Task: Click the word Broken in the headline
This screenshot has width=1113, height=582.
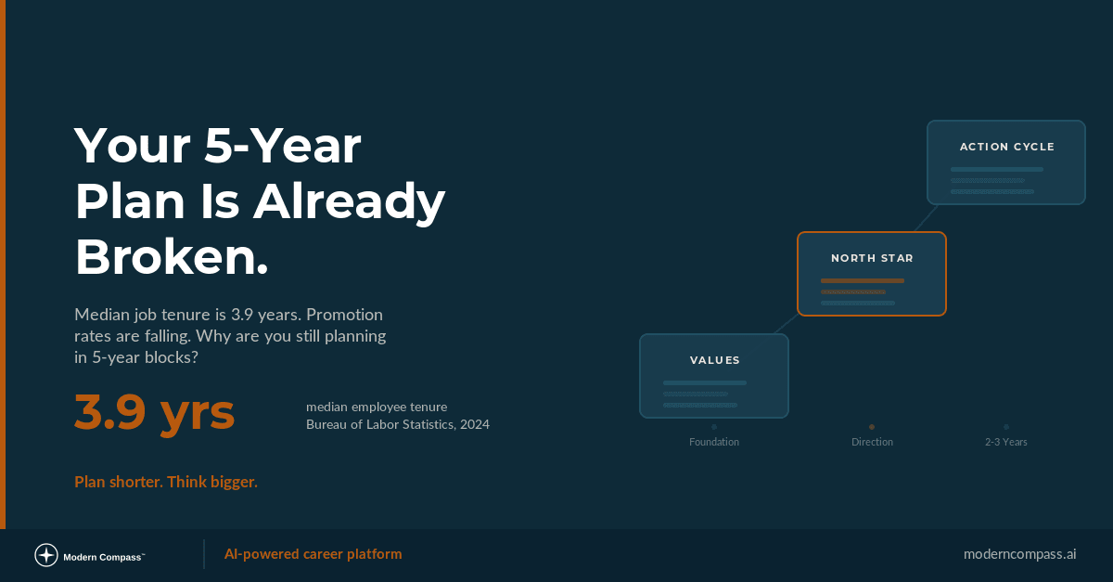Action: tap(171, 256)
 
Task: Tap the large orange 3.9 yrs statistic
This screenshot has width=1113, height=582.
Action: tap(154, 413)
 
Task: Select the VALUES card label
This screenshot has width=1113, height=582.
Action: tap(714, 360)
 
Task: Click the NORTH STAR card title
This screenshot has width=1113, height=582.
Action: tap(872, 258)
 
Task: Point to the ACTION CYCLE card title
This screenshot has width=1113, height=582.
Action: tap(1006, 147)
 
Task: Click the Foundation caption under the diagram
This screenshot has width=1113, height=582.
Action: tap(714, 442)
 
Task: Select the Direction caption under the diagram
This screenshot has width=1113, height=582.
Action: tap(872, 442)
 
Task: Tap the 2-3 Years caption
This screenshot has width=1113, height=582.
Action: tap(1006, 442)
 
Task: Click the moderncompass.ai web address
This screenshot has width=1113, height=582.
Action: tap(1019, 554)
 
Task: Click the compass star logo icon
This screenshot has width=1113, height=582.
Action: tap(46, 555)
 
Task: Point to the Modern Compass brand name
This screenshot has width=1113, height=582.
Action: tap(103, 557)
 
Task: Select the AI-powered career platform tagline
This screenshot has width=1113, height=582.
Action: tap(313, 554)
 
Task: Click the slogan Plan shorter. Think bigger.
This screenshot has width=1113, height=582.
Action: tap(166, 482)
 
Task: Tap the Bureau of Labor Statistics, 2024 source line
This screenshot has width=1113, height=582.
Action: tap(398, 425)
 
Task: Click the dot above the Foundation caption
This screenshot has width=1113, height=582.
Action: tap(714, 427)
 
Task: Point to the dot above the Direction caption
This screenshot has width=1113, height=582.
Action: tap(872, 427)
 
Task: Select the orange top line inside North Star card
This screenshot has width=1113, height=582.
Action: tap(862, 280)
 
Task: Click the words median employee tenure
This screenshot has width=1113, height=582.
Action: tap(377, 407)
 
